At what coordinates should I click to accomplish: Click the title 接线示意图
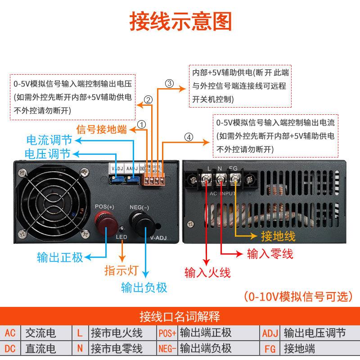(180, 21)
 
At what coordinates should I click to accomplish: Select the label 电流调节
(48, 140)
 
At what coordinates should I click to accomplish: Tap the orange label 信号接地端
(102, 130)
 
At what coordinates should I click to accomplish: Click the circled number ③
(169, 84)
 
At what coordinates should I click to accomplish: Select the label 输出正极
(60, 258)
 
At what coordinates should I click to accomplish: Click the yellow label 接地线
(278, 236)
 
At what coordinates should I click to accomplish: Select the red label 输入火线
(207, 272)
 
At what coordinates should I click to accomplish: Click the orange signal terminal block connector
(153, 180)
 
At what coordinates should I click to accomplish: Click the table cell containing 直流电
(40, 348)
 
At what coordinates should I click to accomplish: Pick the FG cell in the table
(269, 348)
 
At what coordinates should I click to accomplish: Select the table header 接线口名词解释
(180, 316)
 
